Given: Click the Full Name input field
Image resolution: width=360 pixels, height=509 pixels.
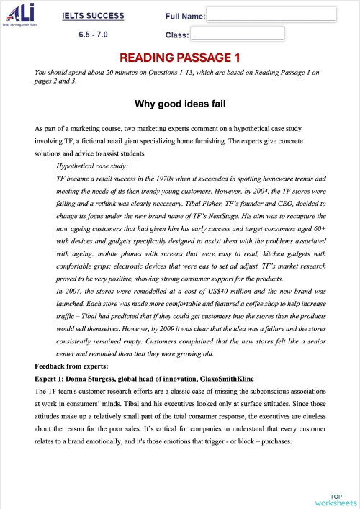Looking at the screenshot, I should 271,14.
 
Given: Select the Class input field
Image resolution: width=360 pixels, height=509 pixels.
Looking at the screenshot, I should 237,33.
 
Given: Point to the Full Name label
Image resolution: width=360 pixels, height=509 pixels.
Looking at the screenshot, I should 185,15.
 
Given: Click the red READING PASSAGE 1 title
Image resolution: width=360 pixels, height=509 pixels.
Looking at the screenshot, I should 179,57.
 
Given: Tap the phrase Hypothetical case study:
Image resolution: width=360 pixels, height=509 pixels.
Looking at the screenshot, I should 91,166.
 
